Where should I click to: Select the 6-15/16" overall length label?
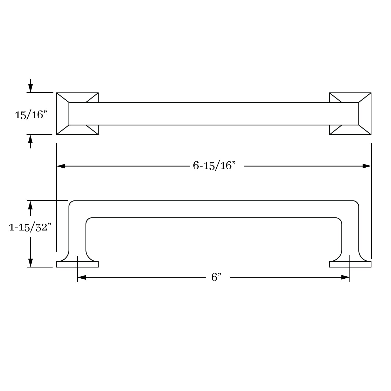point(214,166)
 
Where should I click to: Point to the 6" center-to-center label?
point(216,277)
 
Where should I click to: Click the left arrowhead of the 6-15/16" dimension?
point(61,166)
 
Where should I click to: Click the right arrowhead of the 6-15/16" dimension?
point(367,166)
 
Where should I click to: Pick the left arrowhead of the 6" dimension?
point(82,277)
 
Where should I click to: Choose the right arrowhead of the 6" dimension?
point(345,277)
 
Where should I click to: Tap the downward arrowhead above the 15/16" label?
point(30,88)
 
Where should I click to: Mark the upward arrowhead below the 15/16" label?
point(30,139)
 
